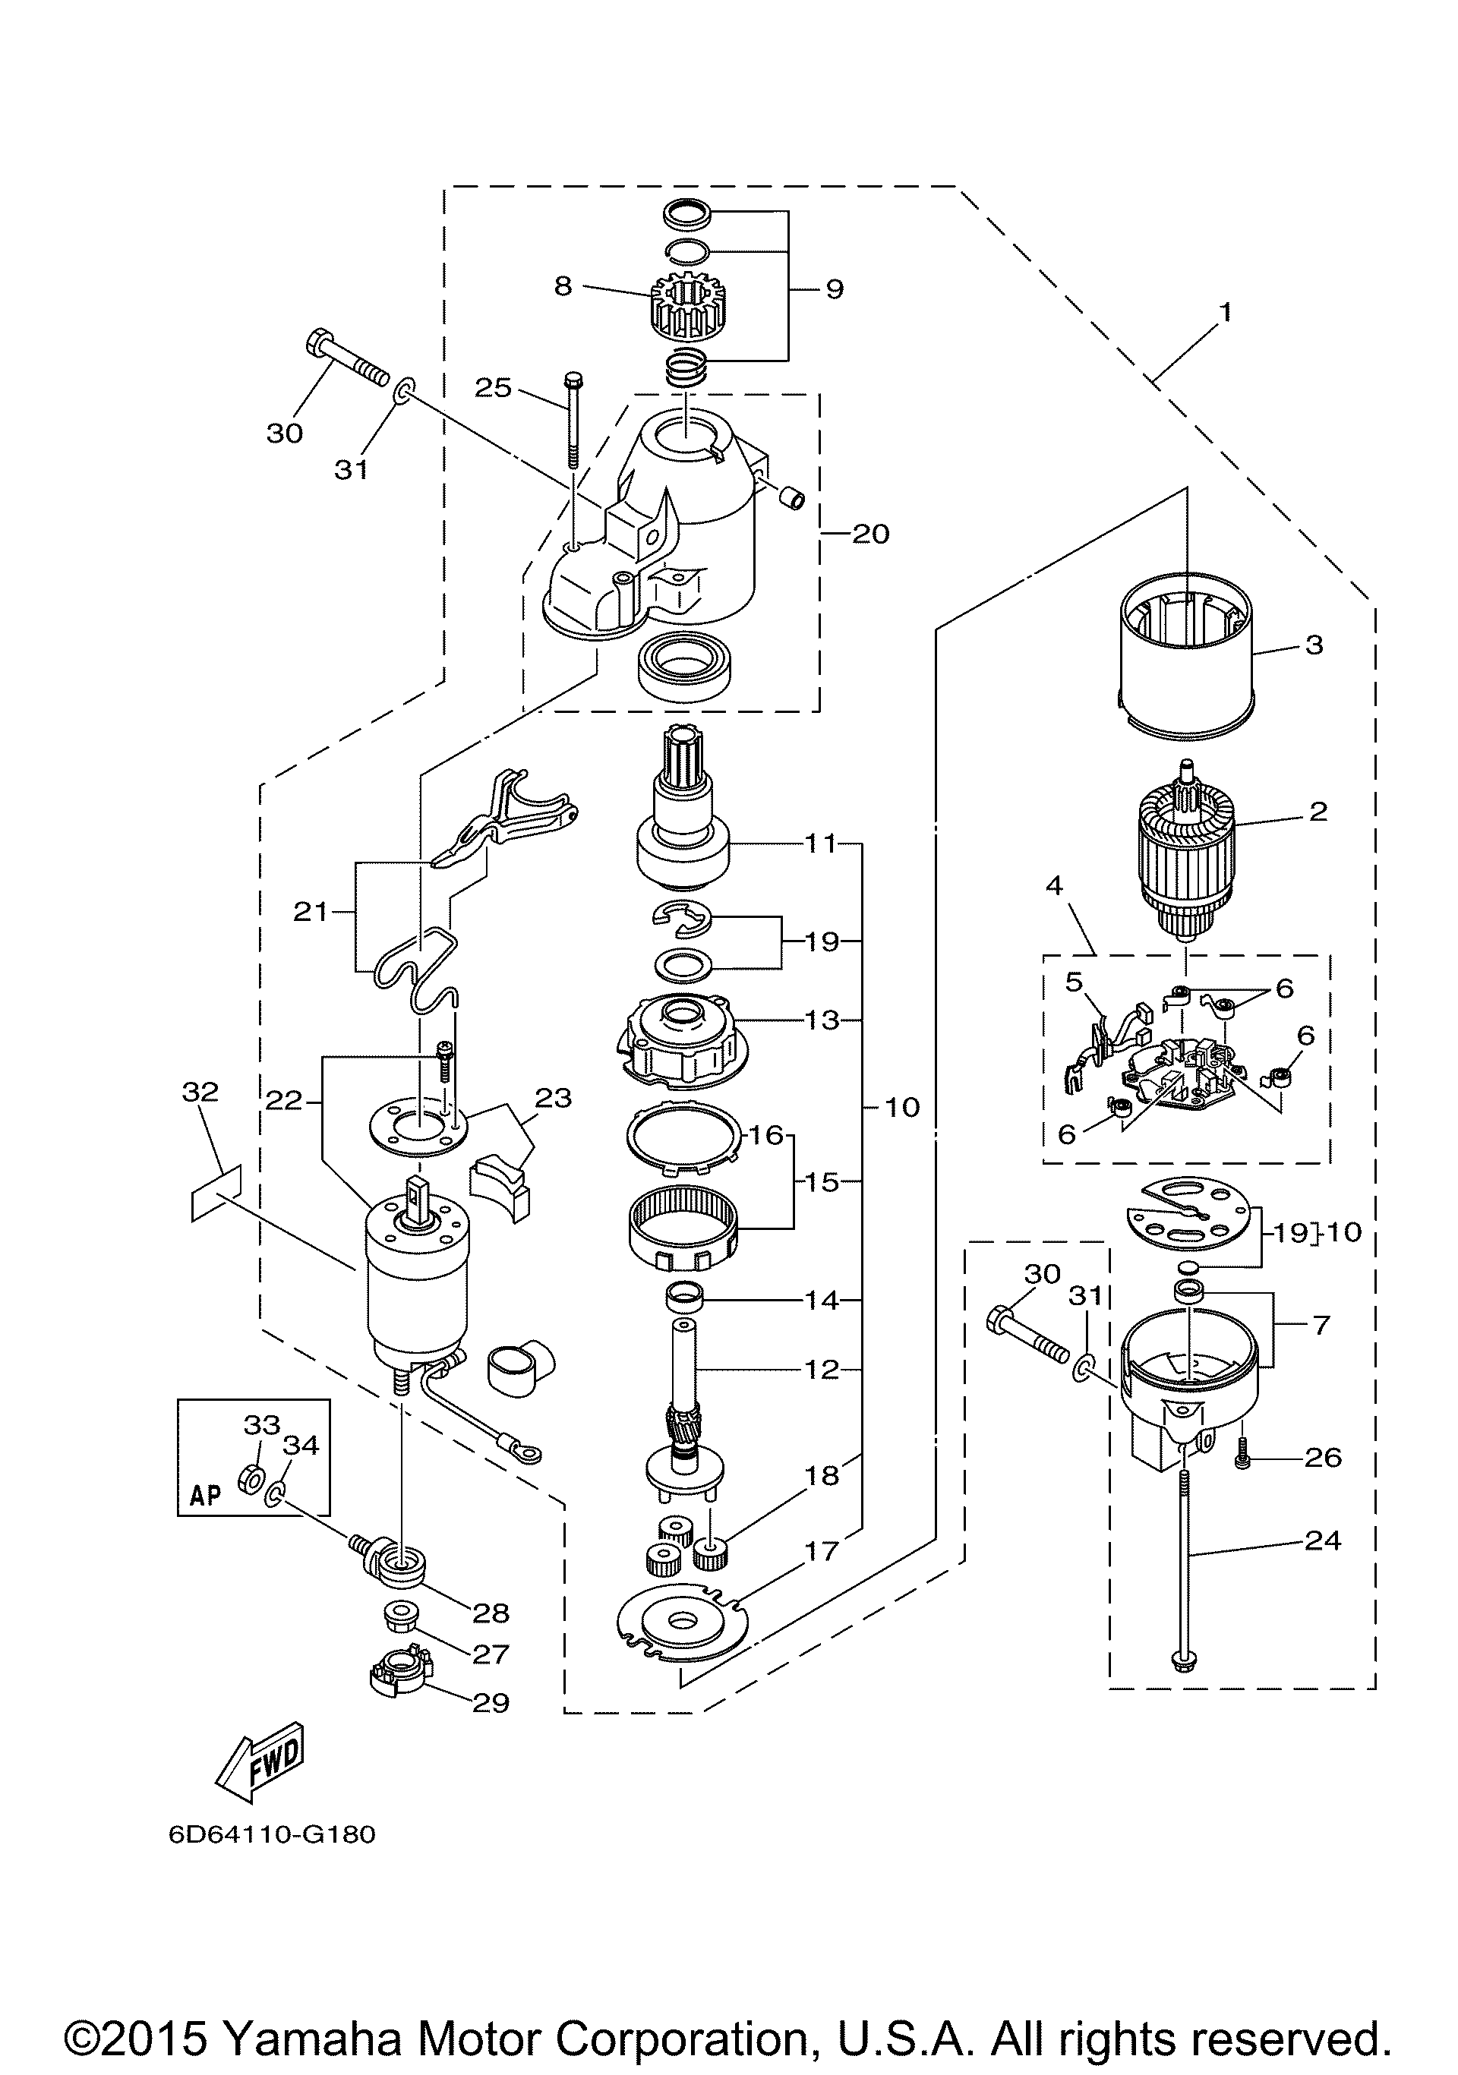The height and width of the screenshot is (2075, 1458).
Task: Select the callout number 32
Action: [200, 1093]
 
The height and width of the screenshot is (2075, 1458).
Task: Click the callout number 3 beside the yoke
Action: [1314, 645]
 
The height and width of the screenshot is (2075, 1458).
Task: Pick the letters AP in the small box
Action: [206, 1495]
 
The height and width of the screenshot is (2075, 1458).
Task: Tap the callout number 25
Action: [494, 388]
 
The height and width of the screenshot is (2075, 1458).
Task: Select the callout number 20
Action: [870, 533]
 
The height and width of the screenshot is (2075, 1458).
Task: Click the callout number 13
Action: [822, 1020]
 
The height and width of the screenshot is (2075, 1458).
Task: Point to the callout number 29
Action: [491, 1703]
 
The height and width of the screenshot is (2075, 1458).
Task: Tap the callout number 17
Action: [822, 1551]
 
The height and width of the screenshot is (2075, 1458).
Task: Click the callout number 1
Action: [1225, 313]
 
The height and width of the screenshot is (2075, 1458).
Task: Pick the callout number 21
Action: [311, 912]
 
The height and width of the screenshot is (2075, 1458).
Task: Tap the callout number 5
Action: [1073, 982]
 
